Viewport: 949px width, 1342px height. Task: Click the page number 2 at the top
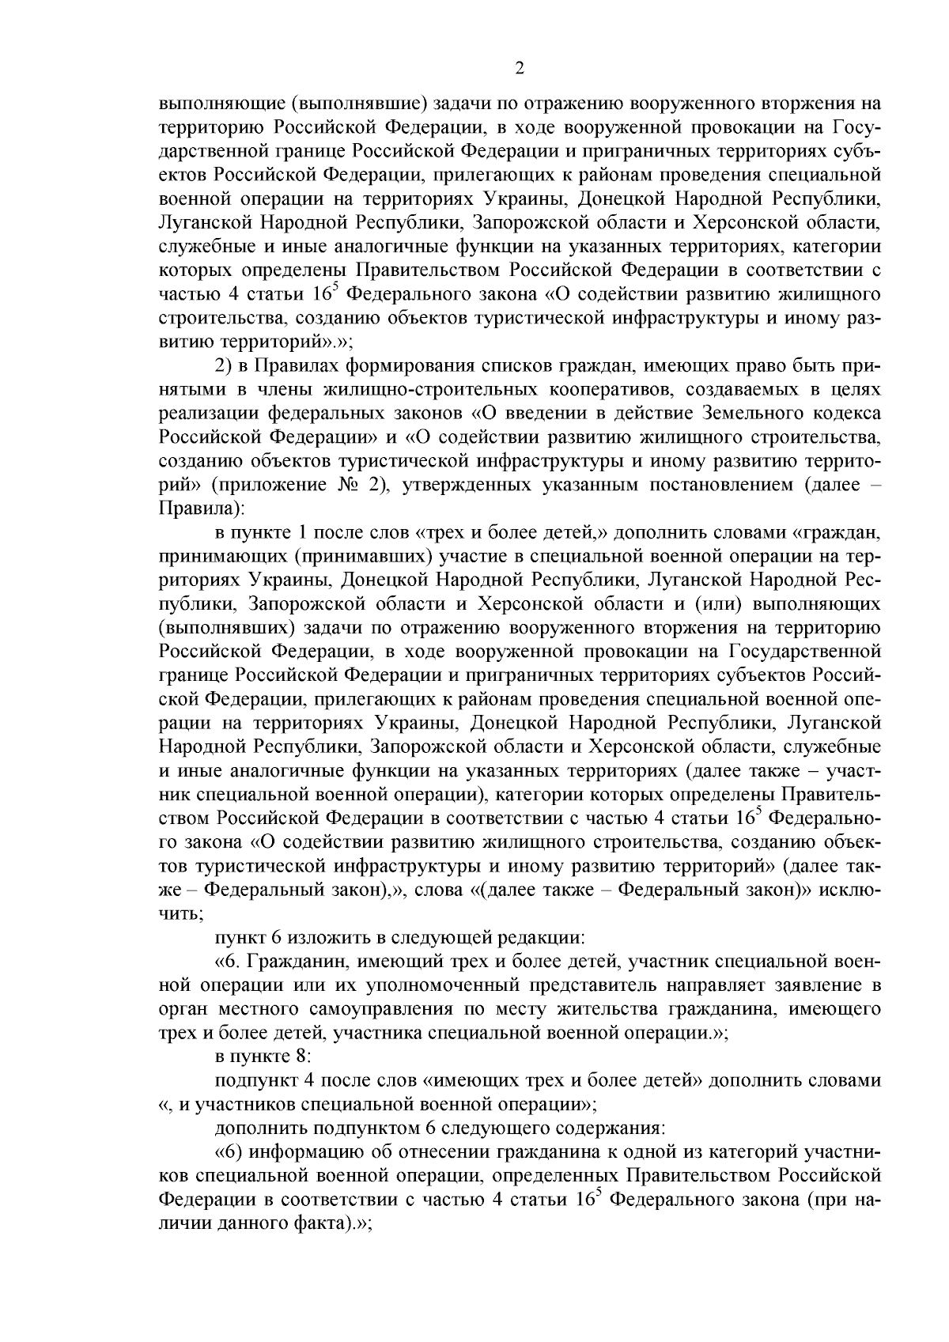519,69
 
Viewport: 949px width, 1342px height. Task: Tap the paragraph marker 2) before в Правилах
225,367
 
